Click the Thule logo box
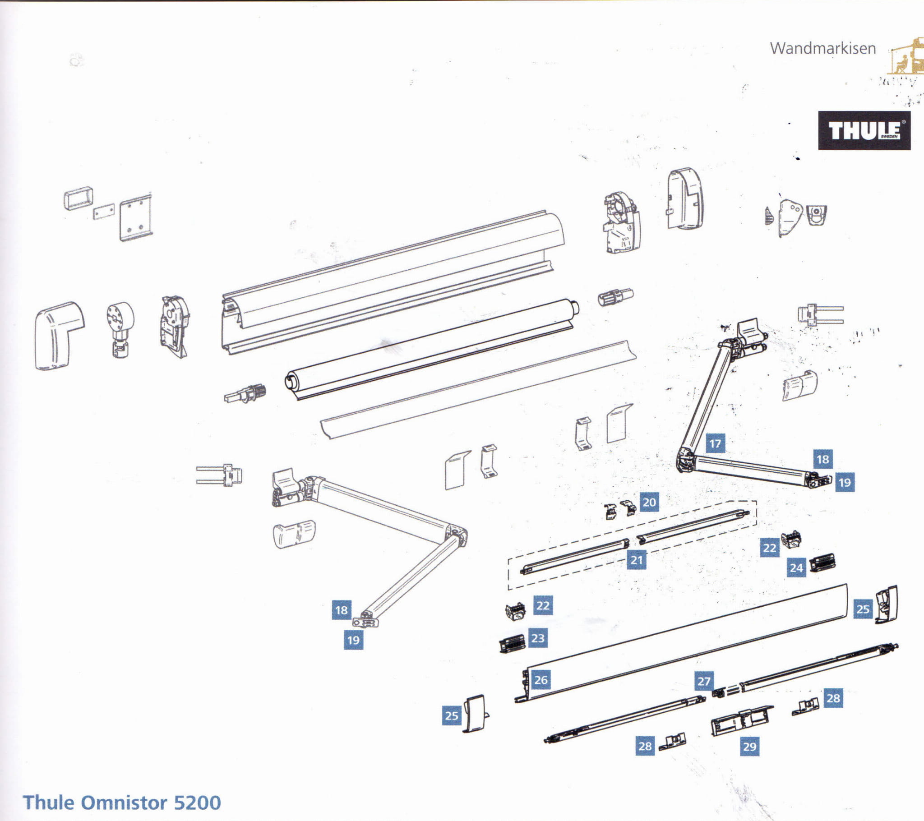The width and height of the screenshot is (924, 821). point(864,130)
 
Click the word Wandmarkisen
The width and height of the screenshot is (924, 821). point(823,48)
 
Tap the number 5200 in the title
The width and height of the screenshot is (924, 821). point(197,803)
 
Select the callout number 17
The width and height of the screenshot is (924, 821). point(715,443)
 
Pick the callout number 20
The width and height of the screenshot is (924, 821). point(649,502)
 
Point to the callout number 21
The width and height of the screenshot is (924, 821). point(637,560)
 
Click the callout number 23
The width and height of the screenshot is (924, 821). point(537,638)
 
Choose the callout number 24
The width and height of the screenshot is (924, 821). point(796,568)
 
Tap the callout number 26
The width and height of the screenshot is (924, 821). point(541,679)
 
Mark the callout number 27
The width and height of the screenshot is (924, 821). point(704,681)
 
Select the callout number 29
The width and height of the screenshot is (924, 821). point(749,747)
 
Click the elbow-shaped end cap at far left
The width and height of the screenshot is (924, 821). point(58,335)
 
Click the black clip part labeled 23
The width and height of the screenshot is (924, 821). point(512,643)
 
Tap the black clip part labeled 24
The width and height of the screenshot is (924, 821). point(822,563)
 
